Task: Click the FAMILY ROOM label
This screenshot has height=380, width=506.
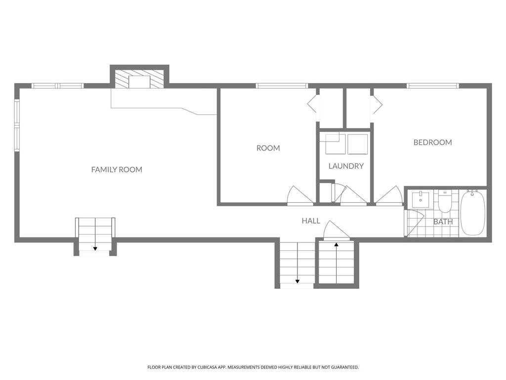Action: pyautogui.click(x=117, y=170)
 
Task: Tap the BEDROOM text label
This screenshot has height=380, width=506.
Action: pyautogui.click(x=432, y=142)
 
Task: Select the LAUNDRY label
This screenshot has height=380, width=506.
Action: pyautogui.click(x=346, y=166)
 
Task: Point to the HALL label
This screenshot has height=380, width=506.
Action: pyautogui.click(x=311, y=221)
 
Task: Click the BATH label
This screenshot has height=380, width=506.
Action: pyautogui.click(x=443, y=222)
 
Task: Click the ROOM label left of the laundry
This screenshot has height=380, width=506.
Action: pyautogui.click(x=268, y=148)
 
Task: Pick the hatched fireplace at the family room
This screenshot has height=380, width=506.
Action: pyautogui.click(x=139, y=79)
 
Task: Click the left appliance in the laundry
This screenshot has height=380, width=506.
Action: pyautogui.click(x=332, y=144)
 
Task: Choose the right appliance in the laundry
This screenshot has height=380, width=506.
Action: pyautogui.click(x=357, y=144)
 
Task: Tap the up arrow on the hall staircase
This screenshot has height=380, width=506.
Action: pyautogui.click(x=336, y=244)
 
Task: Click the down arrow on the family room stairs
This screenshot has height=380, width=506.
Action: pyautogui.click(x=95, y=248)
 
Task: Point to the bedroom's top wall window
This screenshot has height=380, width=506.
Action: pyautogui.click(x=432, y=86)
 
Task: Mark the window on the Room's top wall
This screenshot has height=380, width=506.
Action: pyautogui.click(x=282, y=86)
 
